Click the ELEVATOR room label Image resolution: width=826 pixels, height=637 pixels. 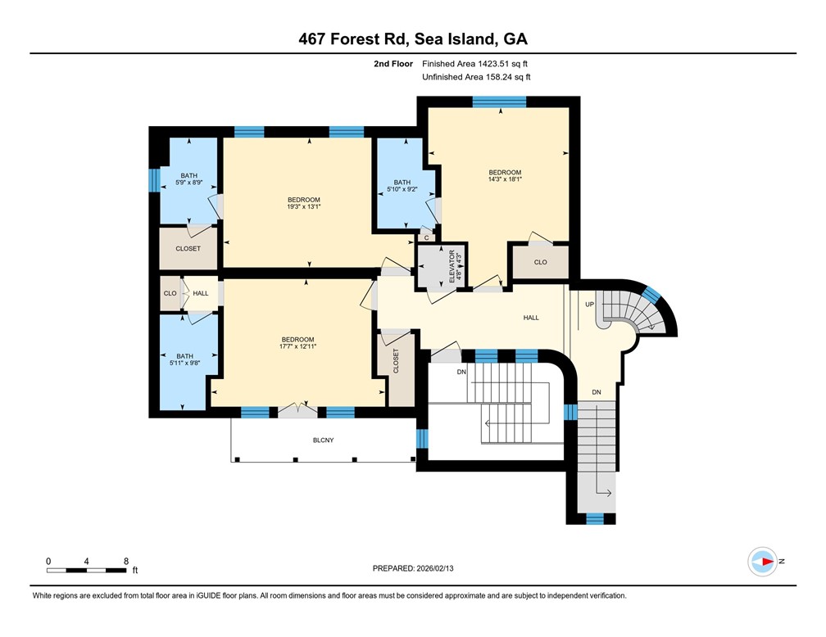pyautogui.click(x=452, y=267)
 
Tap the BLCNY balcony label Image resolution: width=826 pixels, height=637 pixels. pyautogui.click(x=323, y=440)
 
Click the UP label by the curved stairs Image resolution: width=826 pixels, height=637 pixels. pyautogui.click(x=588, y=304)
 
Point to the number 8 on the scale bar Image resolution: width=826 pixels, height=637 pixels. pyautogui.click(x=125, y=561)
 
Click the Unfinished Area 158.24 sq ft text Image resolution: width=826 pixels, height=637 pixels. pyautogui.click(x=476, y=77)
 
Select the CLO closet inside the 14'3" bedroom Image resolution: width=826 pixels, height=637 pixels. pyautogui.click(x=540, y=263)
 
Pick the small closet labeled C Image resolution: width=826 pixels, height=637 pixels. pyautogui.click(x=426, y=237)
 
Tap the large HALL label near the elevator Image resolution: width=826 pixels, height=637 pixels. pyautogui.click(x=531, y=318)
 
